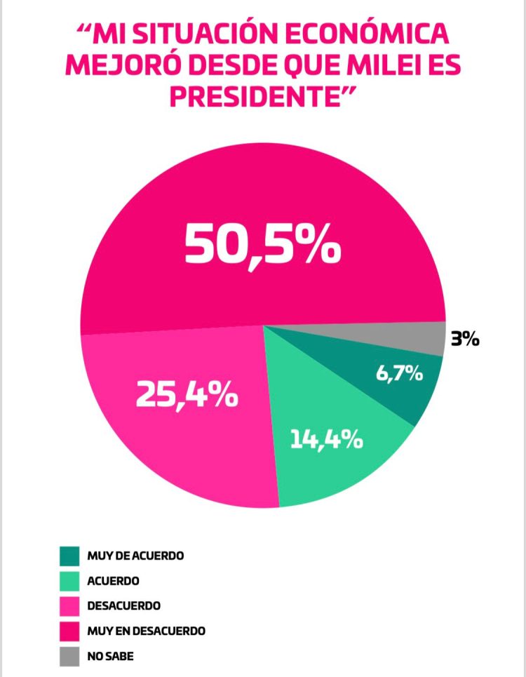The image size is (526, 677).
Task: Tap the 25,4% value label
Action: [187, 396]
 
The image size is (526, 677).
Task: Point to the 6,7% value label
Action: [399, 373]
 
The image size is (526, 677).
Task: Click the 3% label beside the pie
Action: [465, 340]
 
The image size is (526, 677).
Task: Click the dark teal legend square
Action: [69, 555]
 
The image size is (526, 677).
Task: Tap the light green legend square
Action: [69, 580]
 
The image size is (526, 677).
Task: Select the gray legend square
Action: [69, 656]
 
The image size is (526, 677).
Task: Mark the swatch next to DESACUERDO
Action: [69, 605]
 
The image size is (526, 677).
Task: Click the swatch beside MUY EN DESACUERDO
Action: [69, 631]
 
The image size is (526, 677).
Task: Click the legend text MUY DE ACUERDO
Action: [135, 556]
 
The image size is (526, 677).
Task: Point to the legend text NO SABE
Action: [110, 656]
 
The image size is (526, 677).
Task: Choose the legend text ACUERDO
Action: [113, 581]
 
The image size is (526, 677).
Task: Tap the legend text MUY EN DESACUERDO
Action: [146, 631]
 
